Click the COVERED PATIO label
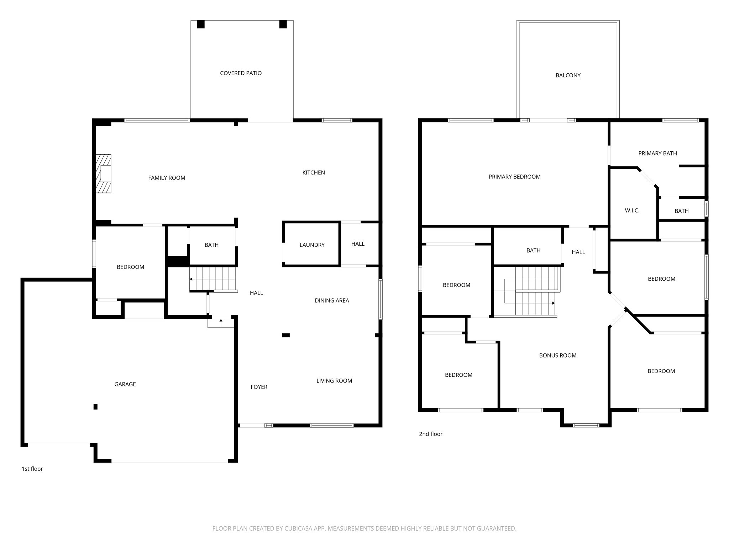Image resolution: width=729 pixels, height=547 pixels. (241, 73)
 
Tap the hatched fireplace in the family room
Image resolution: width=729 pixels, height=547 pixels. (104, 174)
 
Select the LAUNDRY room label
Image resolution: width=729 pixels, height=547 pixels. (312, 245)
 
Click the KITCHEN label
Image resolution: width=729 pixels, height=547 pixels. (313, 173)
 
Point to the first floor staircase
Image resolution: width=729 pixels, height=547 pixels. (213, 279)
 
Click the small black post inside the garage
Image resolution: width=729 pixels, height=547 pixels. (95, 407)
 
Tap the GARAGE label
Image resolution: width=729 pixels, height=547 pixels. (125, 384)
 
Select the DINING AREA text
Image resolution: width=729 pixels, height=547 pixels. (332, 301)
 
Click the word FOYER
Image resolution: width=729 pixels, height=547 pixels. (259, 387)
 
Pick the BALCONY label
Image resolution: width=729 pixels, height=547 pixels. (568, 75)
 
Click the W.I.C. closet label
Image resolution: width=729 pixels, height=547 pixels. (632, 211)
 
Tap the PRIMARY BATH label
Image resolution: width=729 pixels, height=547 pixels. (657, 153)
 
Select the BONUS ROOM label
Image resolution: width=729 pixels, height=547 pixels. (557, 355)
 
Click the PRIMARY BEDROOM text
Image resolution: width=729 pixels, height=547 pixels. (514, 177)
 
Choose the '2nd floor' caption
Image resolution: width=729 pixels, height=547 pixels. (431, 434)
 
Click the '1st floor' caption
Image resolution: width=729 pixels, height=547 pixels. (32, 469)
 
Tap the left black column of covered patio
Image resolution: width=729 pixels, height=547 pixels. (201, 25)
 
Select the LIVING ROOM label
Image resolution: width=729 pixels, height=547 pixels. (334, 381)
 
